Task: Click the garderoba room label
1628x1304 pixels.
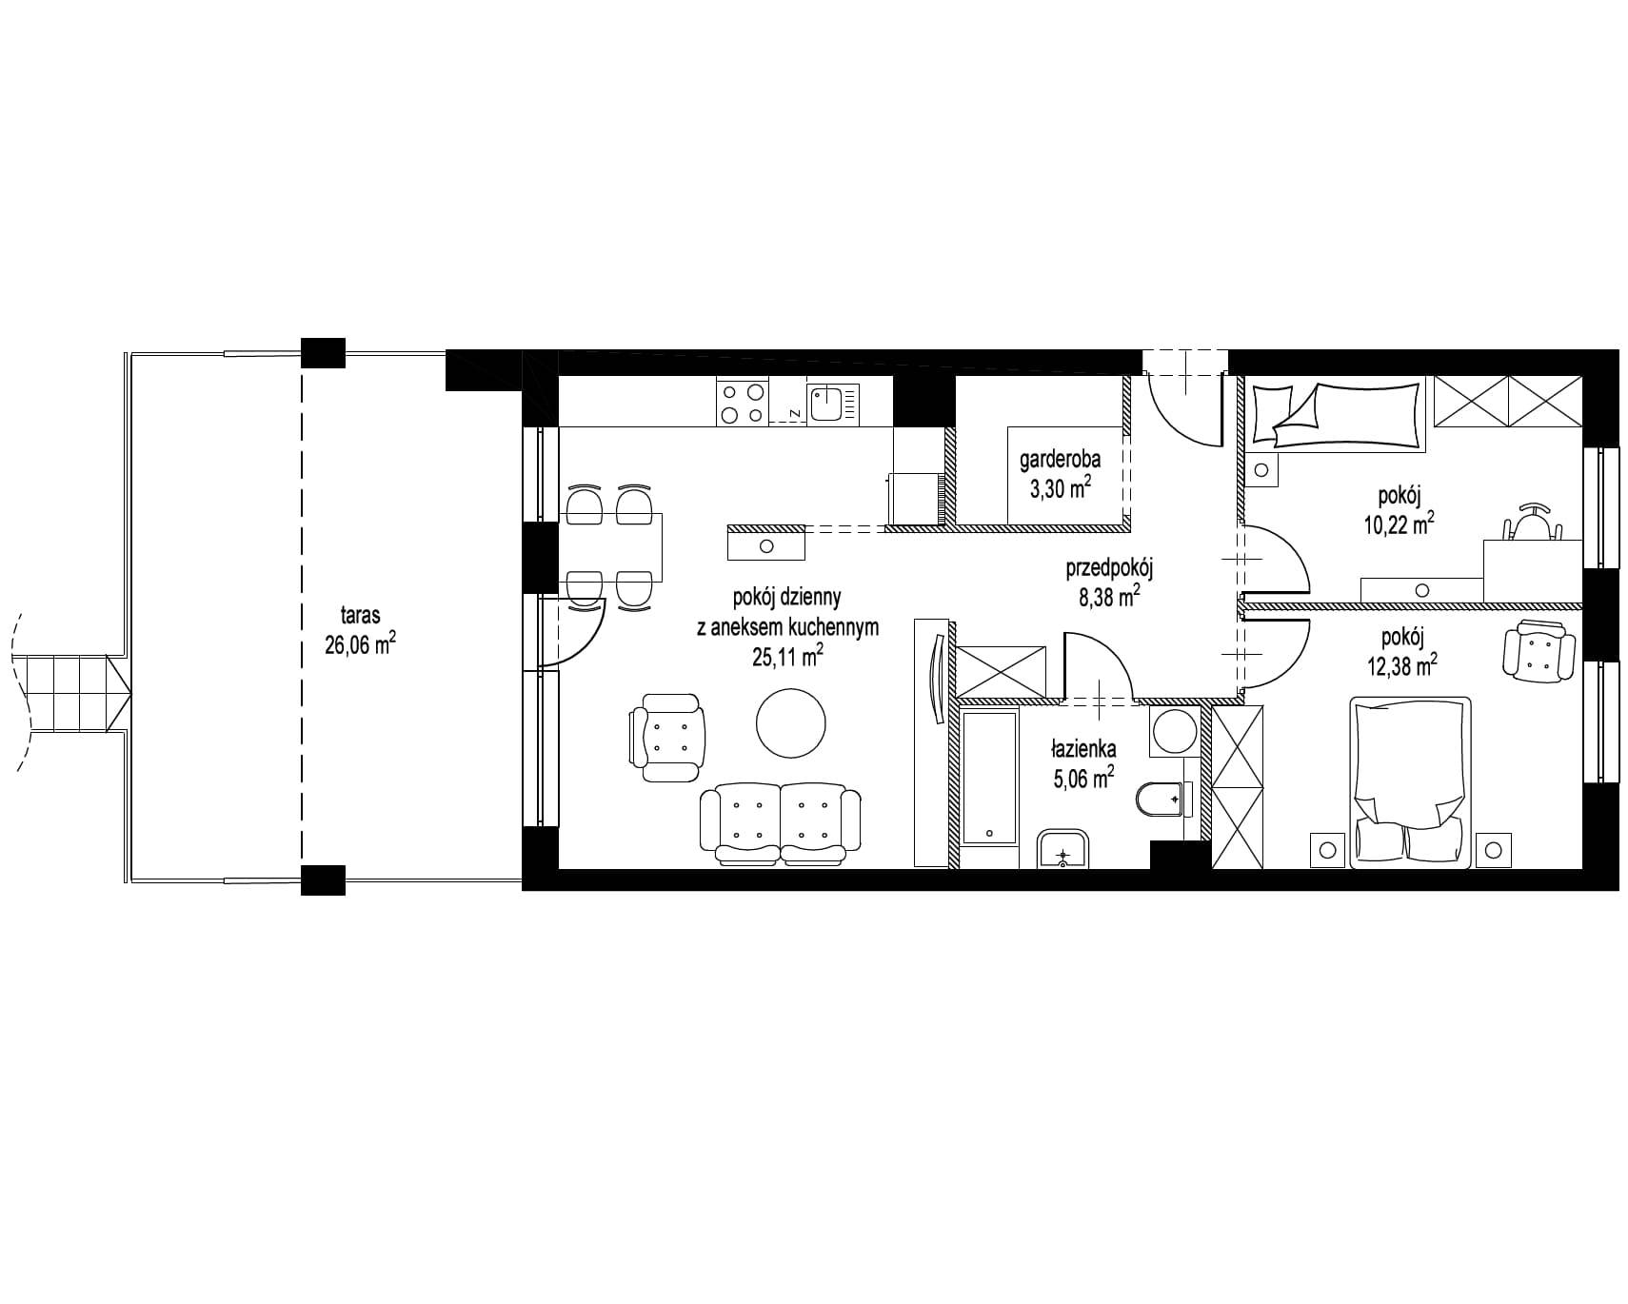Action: (x=1060, y=459)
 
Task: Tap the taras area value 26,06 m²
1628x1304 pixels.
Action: (x=360, y=644)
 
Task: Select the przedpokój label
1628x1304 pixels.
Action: (x=1109, y=570)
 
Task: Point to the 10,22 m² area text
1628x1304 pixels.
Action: (x=1399, y=524)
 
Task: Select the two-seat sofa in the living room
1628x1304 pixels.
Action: (x=780, y=824)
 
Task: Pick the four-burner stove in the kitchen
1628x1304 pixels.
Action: (x=743, y=402)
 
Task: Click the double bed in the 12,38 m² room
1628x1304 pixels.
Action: (x=1410, y=781)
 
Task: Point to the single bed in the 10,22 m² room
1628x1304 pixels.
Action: (x=1337, y=414)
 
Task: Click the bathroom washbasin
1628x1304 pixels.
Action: (x=1064, y=849)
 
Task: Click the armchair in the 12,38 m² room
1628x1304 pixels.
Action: (x=1539, y=651)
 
